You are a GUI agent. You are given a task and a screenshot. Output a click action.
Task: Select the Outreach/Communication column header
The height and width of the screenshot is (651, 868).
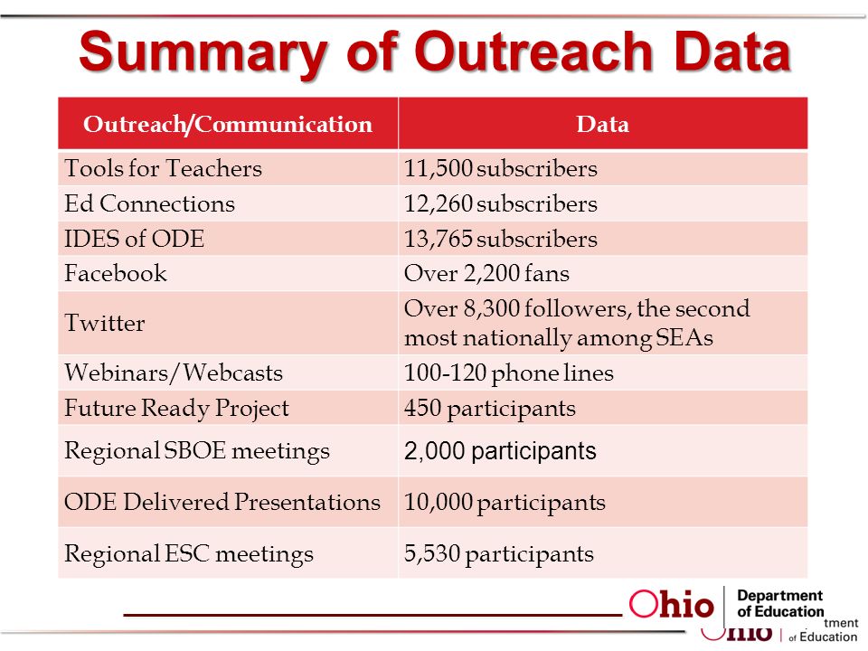point(228,124)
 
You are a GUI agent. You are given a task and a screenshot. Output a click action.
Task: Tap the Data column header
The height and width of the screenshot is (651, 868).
point(603,124)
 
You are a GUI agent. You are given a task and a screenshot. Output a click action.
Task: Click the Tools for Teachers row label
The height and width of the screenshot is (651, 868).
point(164,168)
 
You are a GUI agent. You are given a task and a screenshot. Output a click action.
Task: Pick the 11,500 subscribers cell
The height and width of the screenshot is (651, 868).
point(500,168)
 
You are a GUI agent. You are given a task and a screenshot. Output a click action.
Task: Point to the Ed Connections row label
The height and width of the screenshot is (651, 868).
point(150,203)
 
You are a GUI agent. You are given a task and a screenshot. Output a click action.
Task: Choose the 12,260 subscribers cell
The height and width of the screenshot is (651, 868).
point(500,203)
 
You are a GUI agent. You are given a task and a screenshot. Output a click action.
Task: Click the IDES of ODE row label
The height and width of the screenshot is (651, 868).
point(135,239)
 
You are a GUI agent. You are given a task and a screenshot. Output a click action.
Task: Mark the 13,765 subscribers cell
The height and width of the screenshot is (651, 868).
point(500,239)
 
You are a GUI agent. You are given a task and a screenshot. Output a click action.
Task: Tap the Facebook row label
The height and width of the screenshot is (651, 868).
point(116,273)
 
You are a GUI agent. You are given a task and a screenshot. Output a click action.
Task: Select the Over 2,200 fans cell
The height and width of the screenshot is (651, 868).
point(486,273)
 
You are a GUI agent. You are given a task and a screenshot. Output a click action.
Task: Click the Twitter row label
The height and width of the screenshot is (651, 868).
point(105,323)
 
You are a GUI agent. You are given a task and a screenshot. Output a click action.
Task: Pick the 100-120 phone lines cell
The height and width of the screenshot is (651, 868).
point(508,373)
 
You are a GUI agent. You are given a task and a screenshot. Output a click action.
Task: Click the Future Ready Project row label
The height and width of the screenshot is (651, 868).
point(177,408)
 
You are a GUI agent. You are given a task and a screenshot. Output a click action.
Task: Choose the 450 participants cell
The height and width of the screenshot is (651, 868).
point(489,408)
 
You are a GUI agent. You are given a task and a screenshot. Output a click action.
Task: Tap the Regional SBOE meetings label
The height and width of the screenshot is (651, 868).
point(197,450)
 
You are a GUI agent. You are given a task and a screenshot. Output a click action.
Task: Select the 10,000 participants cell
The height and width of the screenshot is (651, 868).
point(505,503)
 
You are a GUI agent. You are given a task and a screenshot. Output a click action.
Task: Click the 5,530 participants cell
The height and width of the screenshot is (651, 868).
point(498,553)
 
